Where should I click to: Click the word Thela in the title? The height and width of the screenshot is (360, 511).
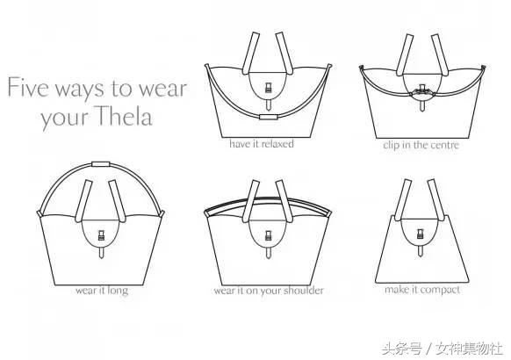[x=125, y=116]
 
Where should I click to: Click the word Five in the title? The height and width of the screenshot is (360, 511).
[x=28, y=87]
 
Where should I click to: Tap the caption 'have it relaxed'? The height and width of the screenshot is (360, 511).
[x=262, y=144]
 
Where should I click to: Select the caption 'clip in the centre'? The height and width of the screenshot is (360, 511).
[x=421, y=145]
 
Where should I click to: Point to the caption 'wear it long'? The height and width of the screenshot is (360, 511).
[x=102, y=291]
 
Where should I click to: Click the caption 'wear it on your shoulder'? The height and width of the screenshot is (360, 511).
[x=269, y=291]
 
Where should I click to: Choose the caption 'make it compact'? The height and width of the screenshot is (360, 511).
[x=422, y=290]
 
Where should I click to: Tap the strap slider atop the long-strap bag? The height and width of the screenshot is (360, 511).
[x=101, y=164]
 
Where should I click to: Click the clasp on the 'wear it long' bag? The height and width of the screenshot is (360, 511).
[x=102, y=235]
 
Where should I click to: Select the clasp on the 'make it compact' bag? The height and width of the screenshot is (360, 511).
[x=421, y=234]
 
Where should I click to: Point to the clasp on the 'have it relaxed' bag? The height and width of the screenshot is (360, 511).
[x=268, y=87]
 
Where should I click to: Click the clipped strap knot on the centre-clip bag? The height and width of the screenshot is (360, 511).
[x=422, y=91]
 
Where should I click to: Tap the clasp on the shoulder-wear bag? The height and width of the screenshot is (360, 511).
[x=268, y=235]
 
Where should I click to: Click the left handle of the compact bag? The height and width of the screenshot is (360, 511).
[x=402, y=199]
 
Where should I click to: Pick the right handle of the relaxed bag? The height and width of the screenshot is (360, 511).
[x=284, y=53]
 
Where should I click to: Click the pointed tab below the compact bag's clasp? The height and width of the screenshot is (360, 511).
[x=421, y=250]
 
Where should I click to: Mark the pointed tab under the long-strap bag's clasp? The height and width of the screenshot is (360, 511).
[x=102, y=253]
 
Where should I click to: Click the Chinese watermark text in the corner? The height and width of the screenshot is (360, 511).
[x=443, y=349]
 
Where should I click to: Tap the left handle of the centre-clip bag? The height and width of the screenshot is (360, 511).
[x=405, y=54]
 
